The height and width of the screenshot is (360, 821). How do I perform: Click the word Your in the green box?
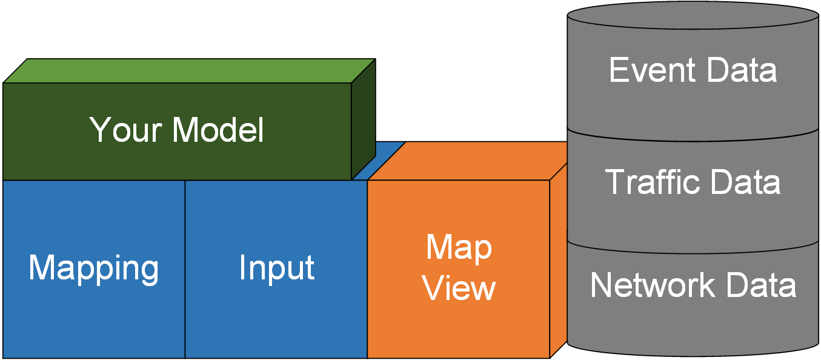(124, 130)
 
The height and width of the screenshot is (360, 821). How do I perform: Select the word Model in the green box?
(218, 130)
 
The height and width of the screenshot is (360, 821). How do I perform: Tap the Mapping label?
(94, 268)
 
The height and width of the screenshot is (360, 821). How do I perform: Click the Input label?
(277, 268)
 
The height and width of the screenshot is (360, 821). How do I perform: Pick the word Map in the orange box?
(459, 247)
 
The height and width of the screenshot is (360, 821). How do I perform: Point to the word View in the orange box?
(459, 288)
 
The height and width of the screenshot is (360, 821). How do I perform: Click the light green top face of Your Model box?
(188, 71)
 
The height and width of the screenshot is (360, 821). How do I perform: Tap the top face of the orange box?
(473, 160)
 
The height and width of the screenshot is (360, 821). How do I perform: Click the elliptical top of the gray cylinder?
(693, 15)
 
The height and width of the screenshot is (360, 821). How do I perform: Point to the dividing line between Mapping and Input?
(185, 268)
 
